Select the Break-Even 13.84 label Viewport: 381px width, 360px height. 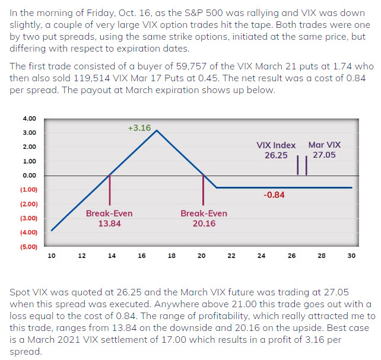click(109, 218)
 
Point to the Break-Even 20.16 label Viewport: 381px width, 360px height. click(204, 218)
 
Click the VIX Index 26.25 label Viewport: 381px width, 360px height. click(275, 149)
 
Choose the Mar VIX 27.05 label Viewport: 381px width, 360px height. click(325, 149)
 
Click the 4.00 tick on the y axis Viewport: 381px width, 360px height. click(28, 119)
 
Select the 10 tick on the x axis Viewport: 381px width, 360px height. click(52, 256)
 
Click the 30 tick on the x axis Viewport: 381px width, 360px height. click(351, 256)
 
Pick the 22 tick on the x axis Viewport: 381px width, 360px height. click(231, 256)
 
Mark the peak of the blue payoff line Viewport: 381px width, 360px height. click(156, 130)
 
